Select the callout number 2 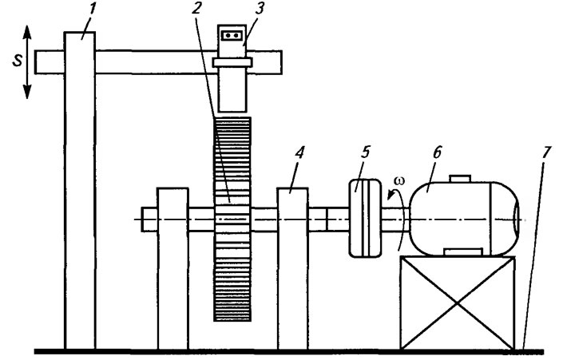pos(196,10)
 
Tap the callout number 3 pos(260,10)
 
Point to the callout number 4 pos(299,153)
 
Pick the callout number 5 pos(366,152)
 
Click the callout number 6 pos(437,152)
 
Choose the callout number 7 pos(545,152)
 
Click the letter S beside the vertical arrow pos(17,61)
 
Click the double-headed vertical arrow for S pos(27,61)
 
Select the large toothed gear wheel pos(232,219)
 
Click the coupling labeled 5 pos(365,218)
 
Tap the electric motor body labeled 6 pos(464,218)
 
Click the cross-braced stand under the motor pos(458,303)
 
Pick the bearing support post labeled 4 pos(292,268)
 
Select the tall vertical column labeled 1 pos(80,191)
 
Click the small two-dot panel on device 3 pos(231,35)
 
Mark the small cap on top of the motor pos(460,179)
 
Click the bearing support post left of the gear pos(172,268)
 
